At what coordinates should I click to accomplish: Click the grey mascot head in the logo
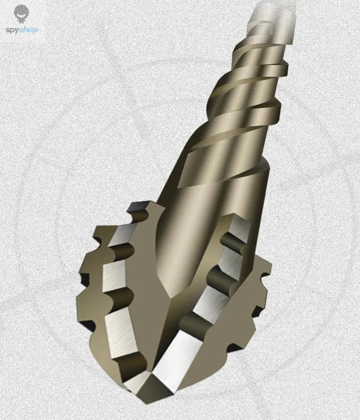tap(21, 13)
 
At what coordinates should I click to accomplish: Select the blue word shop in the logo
tap(28, 30)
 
